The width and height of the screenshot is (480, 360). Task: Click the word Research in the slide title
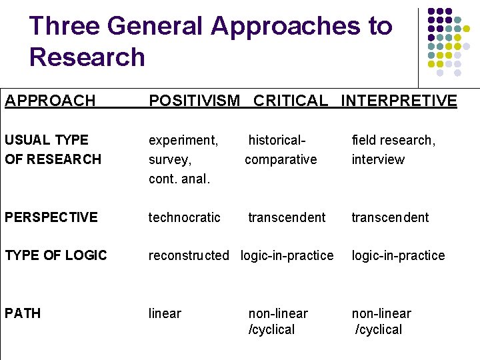click(x=87, y=57)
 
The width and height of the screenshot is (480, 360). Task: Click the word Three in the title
click(x=64, y=26)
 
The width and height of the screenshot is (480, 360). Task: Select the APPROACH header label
click(x=50, y=101)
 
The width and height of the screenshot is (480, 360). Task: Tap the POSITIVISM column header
click(x=194, y=101)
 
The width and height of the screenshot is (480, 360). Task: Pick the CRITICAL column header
click(x=291, y=101)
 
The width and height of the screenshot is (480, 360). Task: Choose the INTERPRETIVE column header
click(x=399, y=101)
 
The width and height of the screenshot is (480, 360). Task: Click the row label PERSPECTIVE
click(x=51, y=217)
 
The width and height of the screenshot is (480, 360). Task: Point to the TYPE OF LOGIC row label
click(x=56, y=255)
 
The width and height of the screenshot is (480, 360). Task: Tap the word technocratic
click(x=184, y=217)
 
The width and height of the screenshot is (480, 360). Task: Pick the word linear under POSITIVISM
click(x=165, y=313)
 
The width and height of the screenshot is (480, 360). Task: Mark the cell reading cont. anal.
click(x=179, y=179)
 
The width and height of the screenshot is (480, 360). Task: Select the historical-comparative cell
click(x=281, y=150)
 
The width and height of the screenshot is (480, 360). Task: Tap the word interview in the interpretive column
click(x=378, y=159)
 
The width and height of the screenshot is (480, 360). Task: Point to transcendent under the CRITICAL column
click(x=287, y=217)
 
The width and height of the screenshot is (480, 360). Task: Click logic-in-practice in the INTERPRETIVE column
click(x=398, y=255)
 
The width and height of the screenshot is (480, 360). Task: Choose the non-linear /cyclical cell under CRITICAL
click(x=278, y=321)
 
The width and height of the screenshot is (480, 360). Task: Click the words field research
click(x=393, y=140)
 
